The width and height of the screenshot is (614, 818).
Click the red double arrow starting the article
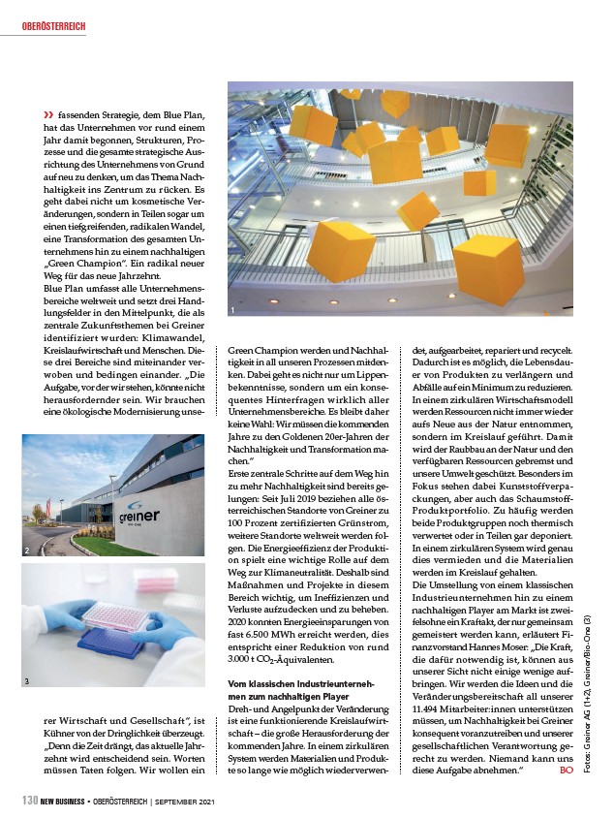pyautogui.click(x=47, y=114)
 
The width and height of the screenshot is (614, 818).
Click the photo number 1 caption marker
pyautogui.click(x=232, y=310)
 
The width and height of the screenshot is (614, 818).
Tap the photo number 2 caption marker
pyautogui.click(x=27, y=551)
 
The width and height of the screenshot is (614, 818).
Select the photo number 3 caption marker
pyautogui.click(x=27, y=681)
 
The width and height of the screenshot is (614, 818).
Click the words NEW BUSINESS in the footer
pyautogui.click(x=67, y=802)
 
